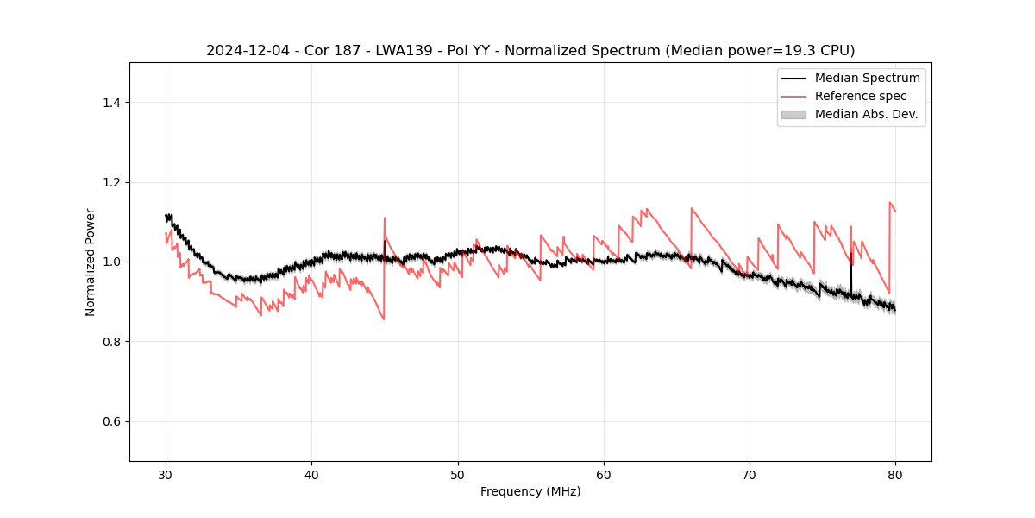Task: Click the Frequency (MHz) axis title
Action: pos(530,491)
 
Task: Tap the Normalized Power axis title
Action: pos(91,262)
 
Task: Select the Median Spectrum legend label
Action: pos(867,78)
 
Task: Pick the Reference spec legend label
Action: pos(861,96)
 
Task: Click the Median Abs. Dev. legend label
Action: pos(866,114)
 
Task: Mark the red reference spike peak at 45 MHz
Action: pos(385,218)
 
